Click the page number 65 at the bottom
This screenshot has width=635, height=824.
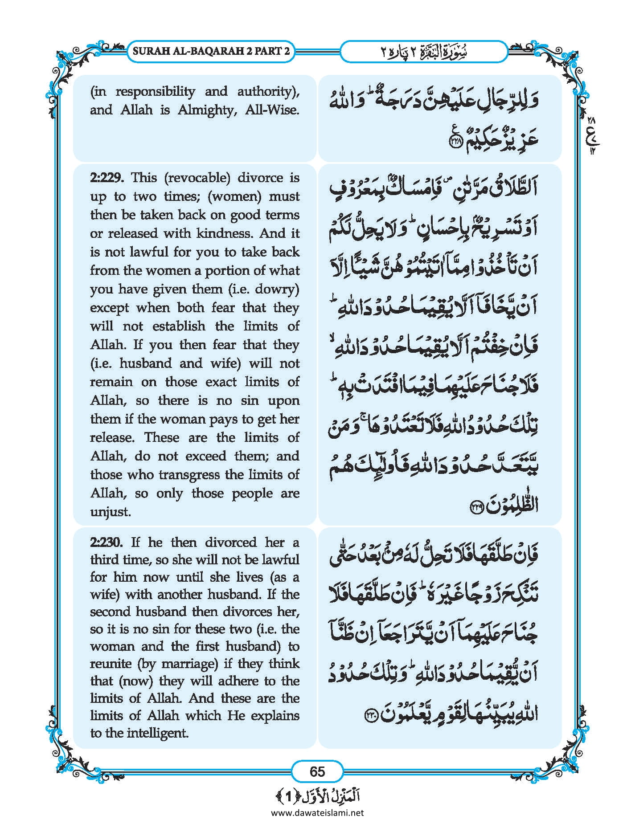[317, 771]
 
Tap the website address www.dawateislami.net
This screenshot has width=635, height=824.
[317, 813]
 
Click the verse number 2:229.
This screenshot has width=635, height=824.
[108, 178]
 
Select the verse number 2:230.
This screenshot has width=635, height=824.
[108, 542]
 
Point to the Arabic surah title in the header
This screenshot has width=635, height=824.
[423, 52]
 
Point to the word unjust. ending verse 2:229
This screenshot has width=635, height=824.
[111, 511]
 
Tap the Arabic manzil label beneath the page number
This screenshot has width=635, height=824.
[317, 795]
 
